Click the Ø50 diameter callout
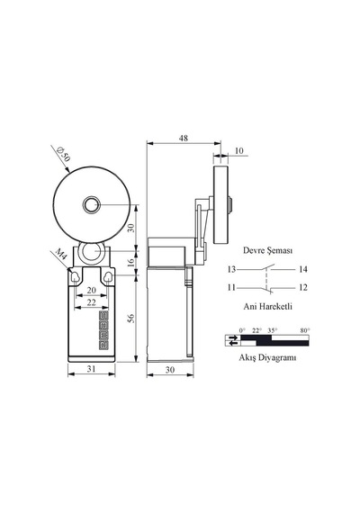(63, 155)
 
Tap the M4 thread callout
(60, 254)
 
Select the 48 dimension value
(184, 138)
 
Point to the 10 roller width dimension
(239, 150)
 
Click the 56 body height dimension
(130, 319)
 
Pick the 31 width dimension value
(91, 368)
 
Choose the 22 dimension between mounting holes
(91, 302)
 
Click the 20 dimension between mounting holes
(91, 290)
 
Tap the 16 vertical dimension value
(130, 263)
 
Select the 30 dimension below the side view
(170, 370)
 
